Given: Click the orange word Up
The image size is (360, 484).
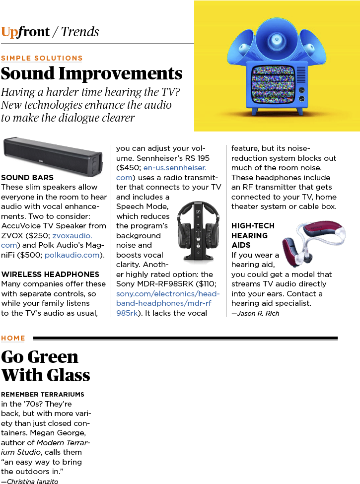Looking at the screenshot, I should pos(9,32).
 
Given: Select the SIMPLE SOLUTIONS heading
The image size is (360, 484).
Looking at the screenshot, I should pos(42,58).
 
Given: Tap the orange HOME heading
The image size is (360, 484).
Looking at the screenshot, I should pos(13,338).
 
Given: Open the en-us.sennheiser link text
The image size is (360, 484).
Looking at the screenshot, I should pos(175,168).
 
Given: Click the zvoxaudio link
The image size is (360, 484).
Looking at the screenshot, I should pos(72,235).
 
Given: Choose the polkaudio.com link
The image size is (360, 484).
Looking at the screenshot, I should pos(72,255).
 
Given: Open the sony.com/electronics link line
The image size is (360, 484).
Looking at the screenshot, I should pos(168,294).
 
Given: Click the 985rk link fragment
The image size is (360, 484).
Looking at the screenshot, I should pos(127,313).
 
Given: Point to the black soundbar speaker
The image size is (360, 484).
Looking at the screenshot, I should pos(53,156).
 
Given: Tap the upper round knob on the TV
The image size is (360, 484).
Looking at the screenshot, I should pos(302,90).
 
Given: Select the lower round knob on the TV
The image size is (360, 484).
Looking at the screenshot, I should pos(302,99).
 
